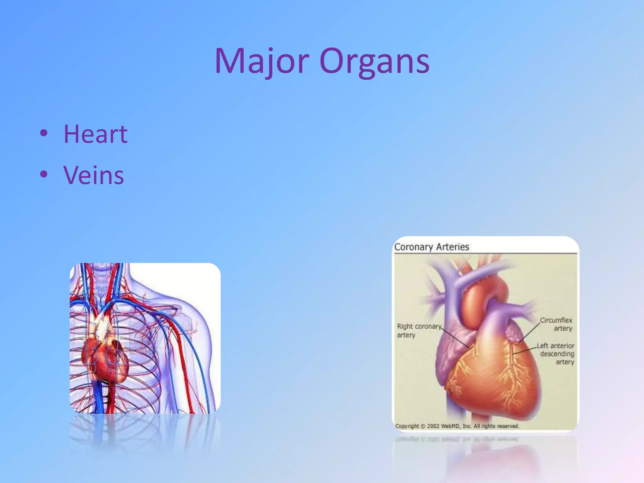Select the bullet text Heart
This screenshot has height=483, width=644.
(96, 134)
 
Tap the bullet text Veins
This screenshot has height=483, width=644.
(94, 175)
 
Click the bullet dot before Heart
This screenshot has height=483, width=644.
(44, 133)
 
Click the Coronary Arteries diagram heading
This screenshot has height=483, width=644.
(431, 247)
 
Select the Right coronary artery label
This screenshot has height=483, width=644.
(418, 330)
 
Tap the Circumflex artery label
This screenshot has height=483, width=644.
(557, 324)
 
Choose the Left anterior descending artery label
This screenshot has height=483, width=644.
(556, 354)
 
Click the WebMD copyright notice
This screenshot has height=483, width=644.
(457, 426)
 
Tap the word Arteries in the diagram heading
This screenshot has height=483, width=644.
(452, 247)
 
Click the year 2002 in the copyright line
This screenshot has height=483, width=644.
(433, 426)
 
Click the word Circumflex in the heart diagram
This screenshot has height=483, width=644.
(556, 320)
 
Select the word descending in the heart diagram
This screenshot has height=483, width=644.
(557, 354)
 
